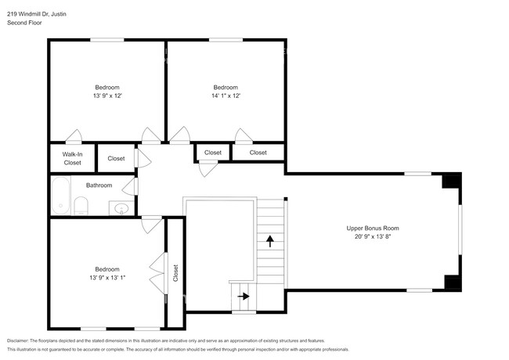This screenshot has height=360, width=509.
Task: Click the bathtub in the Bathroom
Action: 61,195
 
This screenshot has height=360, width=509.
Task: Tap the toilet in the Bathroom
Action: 81,206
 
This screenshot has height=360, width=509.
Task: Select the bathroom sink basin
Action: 121,208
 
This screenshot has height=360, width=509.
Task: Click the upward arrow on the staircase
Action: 269,241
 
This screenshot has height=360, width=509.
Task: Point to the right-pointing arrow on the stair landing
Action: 244,296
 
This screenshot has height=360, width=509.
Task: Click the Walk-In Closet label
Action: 72,158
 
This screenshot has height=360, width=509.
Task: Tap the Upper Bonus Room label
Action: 373,228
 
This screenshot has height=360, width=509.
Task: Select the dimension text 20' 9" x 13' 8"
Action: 373,236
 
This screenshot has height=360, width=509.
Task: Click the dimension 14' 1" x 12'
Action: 226,95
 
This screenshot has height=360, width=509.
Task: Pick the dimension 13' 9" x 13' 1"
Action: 107,278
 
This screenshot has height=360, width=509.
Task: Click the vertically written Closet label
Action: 175,273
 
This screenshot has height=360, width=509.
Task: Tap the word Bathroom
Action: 99,185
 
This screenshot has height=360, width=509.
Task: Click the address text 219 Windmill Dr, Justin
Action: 37,14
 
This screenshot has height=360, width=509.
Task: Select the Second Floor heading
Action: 24,23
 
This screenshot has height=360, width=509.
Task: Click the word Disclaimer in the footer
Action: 18,340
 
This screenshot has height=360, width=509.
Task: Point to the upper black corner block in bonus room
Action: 452,182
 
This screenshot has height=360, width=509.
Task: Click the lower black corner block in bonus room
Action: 453,283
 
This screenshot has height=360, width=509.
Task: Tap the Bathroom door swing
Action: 131,187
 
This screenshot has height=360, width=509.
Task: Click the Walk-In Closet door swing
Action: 74,136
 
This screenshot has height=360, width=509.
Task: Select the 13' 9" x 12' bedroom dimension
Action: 107,95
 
